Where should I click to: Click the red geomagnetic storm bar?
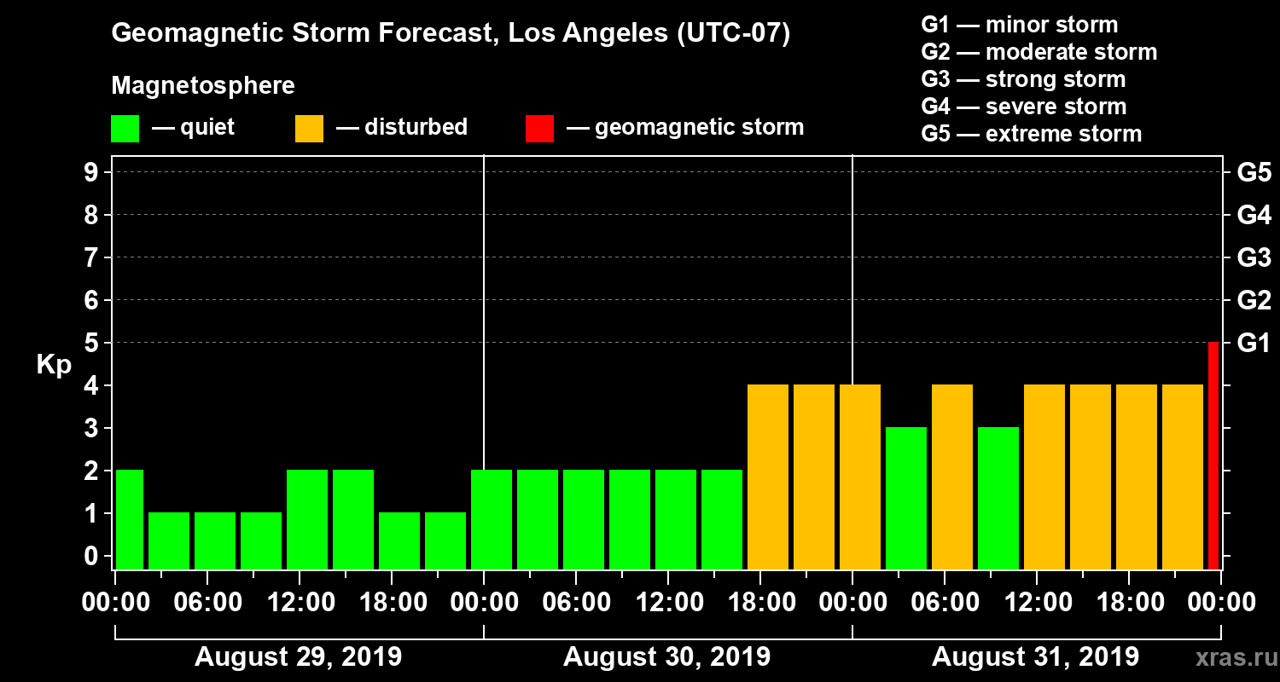tap(1213, 455)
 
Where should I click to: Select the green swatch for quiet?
tap(125, 128)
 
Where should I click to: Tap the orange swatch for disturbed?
tap(309, 128)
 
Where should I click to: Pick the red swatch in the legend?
tap(539, 128)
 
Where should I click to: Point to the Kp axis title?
tap(54, 365)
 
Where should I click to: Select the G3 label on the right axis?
tap(1254, 257)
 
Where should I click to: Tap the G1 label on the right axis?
tap(1254, 343)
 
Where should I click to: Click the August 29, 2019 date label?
tap(299, 657)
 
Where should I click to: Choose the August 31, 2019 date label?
tap(1035, 657)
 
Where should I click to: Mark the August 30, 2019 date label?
tap(666, 657)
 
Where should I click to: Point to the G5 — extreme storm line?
tap(1031, 134)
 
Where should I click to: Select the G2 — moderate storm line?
tap(1039, 52)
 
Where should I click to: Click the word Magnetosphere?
tap(203, 86)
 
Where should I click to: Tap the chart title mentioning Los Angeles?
tap(451, 34)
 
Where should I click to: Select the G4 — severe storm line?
tap(1023, 107)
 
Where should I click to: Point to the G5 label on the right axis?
tap(1254, 172)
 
